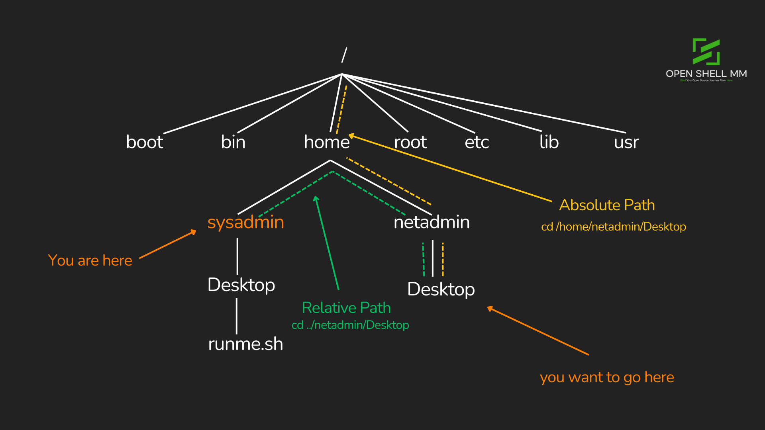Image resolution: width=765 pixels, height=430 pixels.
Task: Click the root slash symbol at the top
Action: tap(344, 55)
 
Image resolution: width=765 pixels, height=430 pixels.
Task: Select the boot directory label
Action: tap(145, 142)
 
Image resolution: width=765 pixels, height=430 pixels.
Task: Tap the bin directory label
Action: tap(233, 142)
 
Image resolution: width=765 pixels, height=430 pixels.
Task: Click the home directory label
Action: tap(327, 142)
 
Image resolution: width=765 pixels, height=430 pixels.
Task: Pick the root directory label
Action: tap(410, 142)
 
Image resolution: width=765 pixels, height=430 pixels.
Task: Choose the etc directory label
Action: tap(477, 142)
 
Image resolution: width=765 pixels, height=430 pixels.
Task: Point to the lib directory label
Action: tap(549, 142)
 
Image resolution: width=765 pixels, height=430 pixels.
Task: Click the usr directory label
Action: tap(626, 142)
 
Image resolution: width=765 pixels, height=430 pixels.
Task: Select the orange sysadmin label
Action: tap(245, 222)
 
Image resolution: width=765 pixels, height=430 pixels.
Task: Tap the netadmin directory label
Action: tap(432, 222)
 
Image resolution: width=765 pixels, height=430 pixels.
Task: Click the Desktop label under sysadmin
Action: tap(241, 285)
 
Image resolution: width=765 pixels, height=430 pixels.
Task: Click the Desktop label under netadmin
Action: tap(441, 289)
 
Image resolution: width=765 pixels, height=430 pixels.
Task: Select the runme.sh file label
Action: tap(245, 344)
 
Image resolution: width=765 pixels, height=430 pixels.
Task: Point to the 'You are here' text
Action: tap(90, 260)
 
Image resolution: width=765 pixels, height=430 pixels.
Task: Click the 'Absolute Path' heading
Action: tap(607, 205)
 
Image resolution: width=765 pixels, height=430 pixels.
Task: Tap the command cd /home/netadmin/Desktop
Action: tap(614, 227)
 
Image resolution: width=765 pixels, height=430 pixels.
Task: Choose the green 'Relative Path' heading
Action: tap(346, 308)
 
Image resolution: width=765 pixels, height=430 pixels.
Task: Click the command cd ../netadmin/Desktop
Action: tap(350, 325)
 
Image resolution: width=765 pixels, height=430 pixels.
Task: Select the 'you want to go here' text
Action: tap(607, 377)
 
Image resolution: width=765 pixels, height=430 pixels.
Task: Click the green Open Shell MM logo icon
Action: tap(706, 52)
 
